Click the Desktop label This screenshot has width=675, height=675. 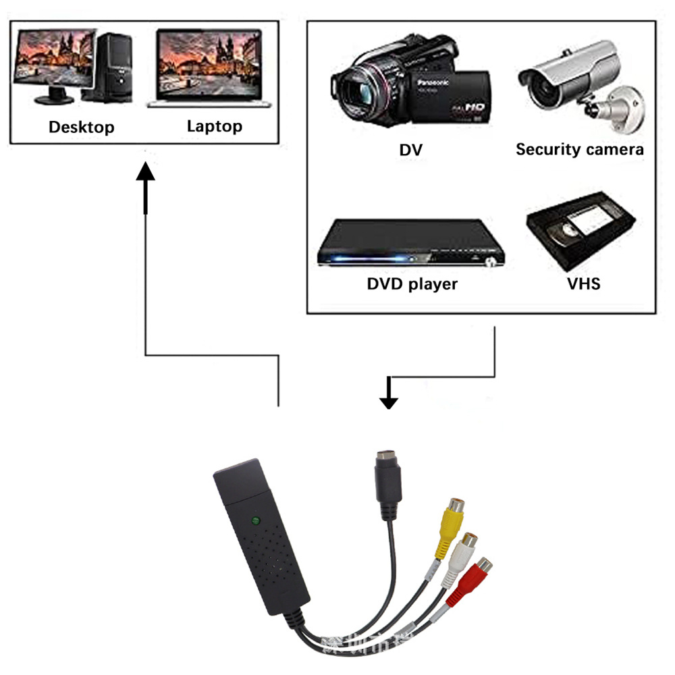(x=82, y=127)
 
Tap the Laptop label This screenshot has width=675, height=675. (x=214, y=126)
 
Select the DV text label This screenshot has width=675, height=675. (x=410, y=149)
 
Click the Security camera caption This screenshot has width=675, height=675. (x=579, y=149)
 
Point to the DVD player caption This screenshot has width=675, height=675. (x=412, y=283)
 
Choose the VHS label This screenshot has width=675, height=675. (x=583, y=283)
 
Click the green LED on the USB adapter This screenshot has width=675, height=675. (x=255, y=520)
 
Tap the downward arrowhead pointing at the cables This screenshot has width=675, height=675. (x=388, y=401)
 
